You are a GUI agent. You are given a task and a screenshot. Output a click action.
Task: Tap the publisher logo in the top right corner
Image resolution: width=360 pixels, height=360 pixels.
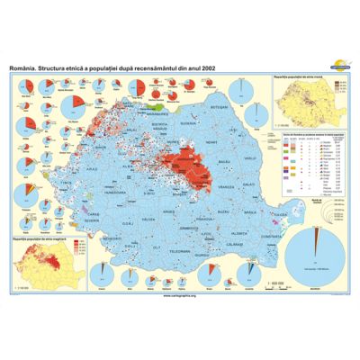(332, 67)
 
